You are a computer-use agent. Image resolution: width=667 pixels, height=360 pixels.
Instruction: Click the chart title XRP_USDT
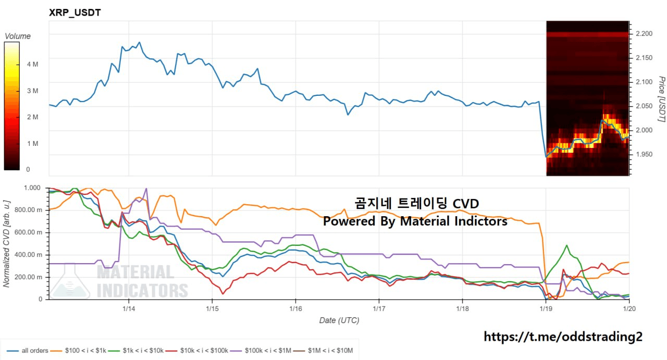point(75,13)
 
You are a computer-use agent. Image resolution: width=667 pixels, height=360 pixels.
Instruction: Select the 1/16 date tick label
point(295,308)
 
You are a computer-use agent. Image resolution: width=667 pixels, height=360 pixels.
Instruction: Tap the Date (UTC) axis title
point(339,320)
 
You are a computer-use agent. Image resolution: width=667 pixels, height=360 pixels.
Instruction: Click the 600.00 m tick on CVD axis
point(30,232)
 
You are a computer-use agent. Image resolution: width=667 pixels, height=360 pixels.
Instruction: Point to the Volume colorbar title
point(18,36)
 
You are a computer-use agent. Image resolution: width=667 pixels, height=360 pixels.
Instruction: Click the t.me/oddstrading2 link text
point(563,337)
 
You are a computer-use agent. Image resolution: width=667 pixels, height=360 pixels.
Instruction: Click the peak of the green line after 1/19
point(566,245)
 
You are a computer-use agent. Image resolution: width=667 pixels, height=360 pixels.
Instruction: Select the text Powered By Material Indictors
point(415,221)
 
